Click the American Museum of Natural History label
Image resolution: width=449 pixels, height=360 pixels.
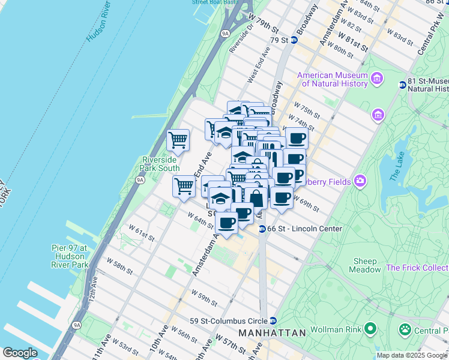point(332,79)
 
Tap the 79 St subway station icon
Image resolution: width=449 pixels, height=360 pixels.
point(294,40)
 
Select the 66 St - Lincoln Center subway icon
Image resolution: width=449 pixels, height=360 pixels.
point(262,229)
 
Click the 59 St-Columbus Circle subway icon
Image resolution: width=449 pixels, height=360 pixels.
point(273,320)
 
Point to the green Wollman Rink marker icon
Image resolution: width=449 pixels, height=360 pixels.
point(370,328)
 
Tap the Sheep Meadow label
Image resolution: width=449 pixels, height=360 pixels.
point(365,265)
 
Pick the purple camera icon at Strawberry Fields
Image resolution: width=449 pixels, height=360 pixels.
point(360,181)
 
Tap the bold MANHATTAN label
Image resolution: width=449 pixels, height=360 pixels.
point(272,332)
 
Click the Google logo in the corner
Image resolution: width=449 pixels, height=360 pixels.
point(20,353)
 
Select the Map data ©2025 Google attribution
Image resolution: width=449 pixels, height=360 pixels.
point(412,355)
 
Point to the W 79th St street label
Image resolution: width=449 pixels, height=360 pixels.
point(267,28)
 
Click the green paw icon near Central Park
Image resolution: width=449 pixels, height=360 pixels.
point(406,329)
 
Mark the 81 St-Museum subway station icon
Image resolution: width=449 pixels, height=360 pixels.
point(402,85)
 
